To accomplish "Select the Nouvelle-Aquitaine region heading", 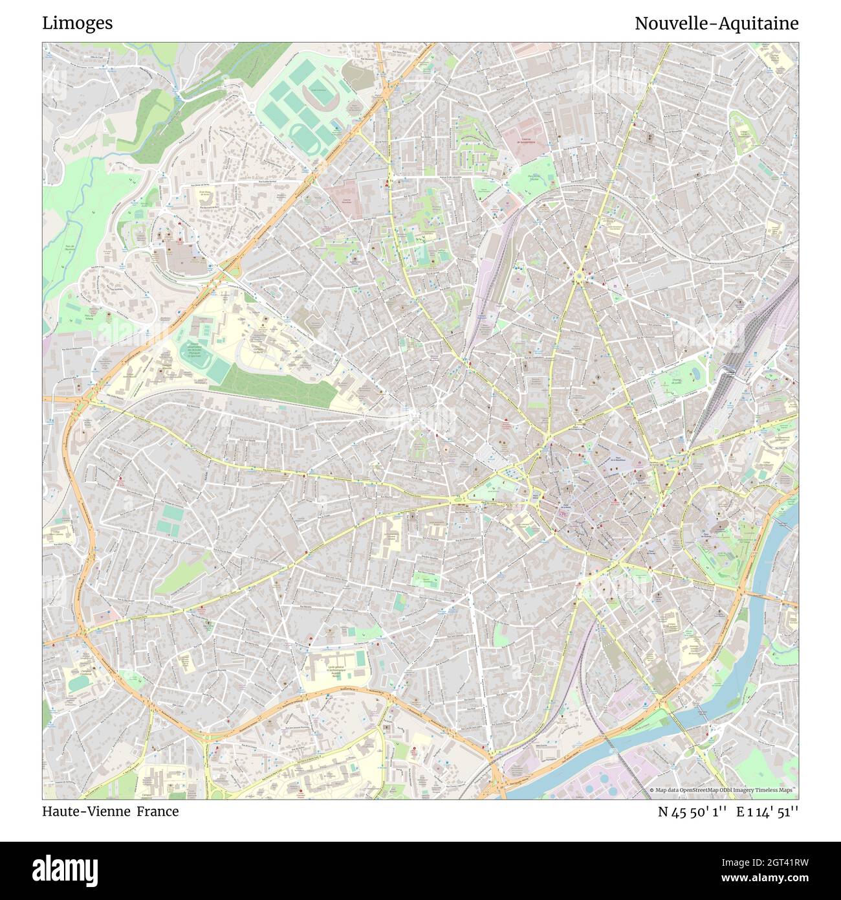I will pyautogui.click(x=716, y=23).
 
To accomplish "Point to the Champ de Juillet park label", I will pyautogui.click(x=676, y=382).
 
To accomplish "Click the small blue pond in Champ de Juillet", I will pyautogui.click(x=695, y=374).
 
